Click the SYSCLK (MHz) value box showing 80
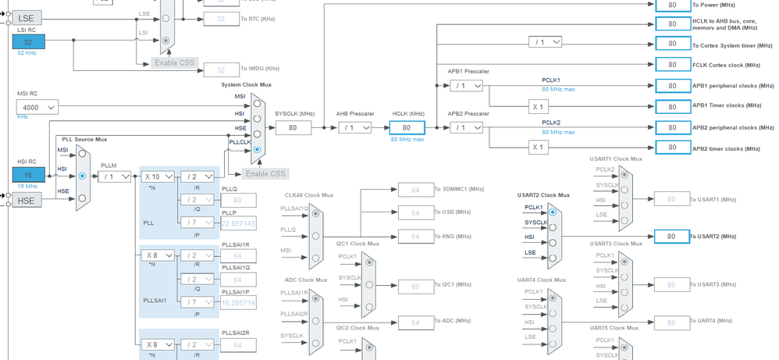point(293,127)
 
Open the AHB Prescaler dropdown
point(354,127)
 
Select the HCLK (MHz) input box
point(406,127)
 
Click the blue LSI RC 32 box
point(28,41)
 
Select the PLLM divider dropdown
point(114,176)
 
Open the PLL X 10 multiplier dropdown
point(158,176)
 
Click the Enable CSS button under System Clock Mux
point(265,173)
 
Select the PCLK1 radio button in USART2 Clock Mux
point(553,210)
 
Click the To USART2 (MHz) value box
point(671,236)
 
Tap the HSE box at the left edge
point(27,201)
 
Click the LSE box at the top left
point(27,16)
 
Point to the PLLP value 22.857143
point(238,223)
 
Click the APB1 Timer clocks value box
point(671,106)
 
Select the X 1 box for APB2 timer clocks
point(536,147)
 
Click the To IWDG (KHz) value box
point(221,70)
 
